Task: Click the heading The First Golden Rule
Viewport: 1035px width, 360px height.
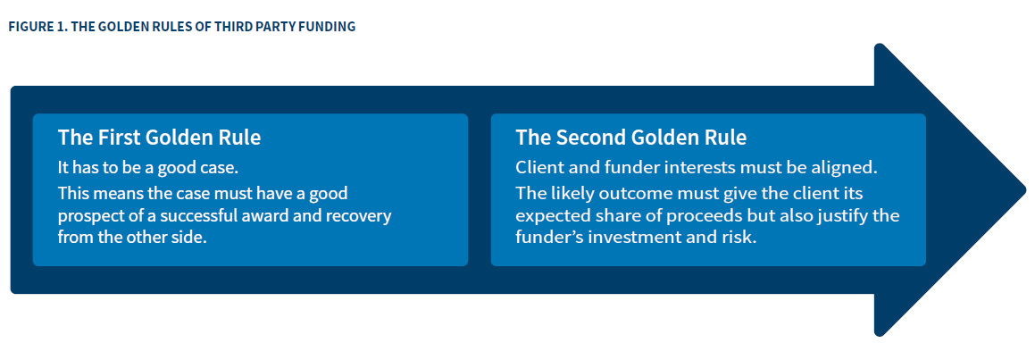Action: [159, 138]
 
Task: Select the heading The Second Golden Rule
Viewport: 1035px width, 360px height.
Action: [630, 138]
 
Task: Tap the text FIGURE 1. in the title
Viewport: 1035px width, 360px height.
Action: [35, 27]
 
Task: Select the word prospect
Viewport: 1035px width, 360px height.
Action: [88, 216]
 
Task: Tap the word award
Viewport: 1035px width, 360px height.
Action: [273, 216]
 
